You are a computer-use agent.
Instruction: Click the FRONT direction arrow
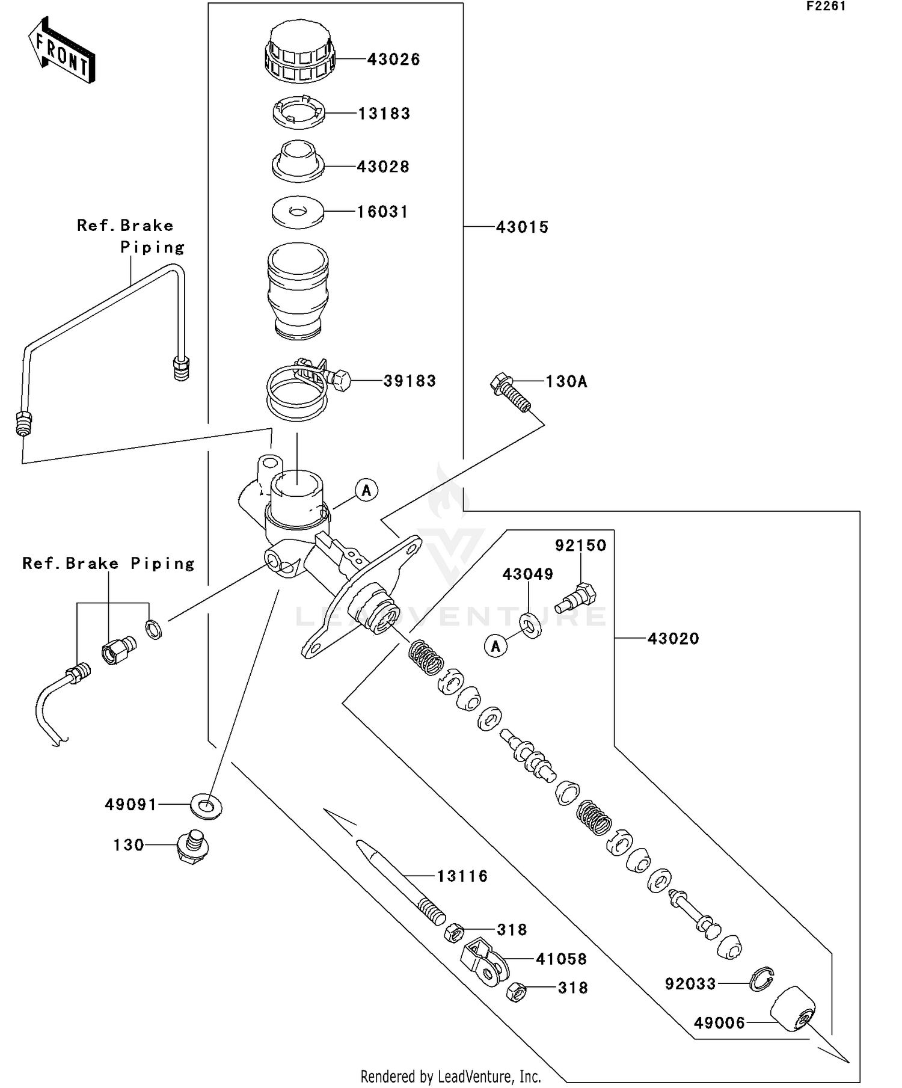pos(61,51)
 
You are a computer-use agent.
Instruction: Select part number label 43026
pos(393,59)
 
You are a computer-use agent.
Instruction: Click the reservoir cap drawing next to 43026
pos(298,53)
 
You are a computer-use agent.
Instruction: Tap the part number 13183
pos(384,113)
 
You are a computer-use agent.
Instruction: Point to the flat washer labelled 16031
pos(298,212)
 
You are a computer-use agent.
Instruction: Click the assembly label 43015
pos(522,227)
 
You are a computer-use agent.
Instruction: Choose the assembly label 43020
pos(673,638)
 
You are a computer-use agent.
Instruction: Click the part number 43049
pos(528,574)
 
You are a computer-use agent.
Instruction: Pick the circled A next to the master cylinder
pos(366,490)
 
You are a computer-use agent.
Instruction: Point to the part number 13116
pos(462,876)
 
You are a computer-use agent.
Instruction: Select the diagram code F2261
pos(826,7)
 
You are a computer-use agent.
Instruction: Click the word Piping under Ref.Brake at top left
pos(152,247)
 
